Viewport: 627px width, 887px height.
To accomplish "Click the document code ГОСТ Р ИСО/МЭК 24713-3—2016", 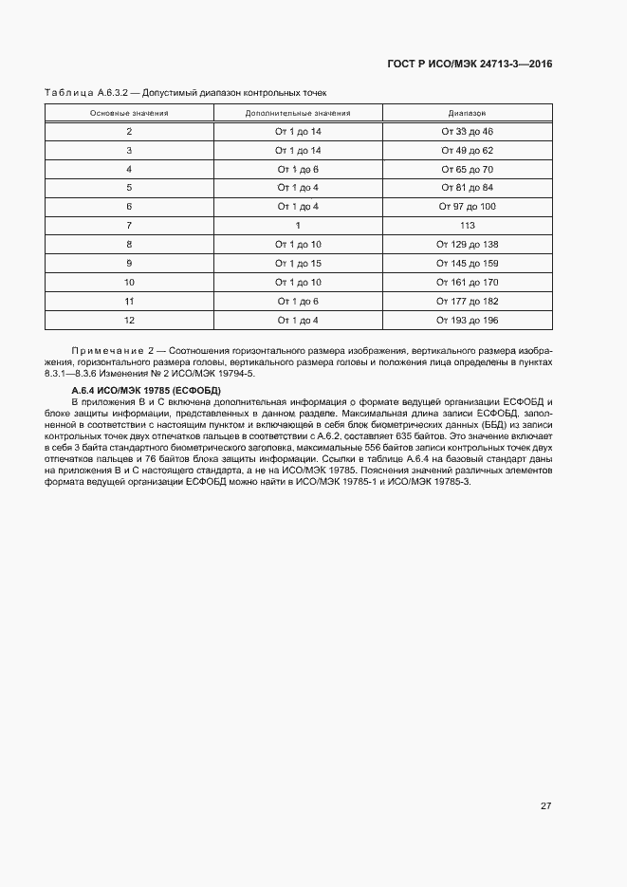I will [470, 64].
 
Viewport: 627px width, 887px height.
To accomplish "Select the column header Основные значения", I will [129, 112].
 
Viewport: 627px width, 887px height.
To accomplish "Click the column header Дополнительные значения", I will [298, 112].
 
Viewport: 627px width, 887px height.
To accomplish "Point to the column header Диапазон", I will [467, 112].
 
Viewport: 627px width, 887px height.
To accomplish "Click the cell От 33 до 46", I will [467, 131].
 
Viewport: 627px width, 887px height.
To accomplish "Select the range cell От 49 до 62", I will [467, 150].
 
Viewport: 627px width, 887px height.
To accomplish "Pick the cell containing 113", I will [467, 225].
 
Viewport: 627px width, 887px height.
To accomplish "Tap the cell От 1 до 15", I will [298, 263].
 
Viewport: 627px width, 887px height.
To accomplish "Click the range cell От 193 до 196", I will [467, 320].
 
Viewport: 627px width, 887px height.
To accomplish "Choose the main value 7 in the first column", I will [129, 225].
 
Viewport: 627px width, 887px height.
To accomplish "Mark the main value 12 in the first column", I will [129, 320].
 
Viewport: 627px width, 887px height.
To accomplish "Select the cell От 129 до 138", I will [467, 244].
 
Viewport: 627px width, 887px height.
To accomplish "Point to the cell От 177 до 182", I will [467, 301].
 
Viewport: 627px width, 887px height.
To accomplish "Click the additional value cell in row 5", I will [298, 188].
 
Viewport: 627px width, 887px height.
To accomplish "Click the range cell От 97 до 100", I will [467, 206].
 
